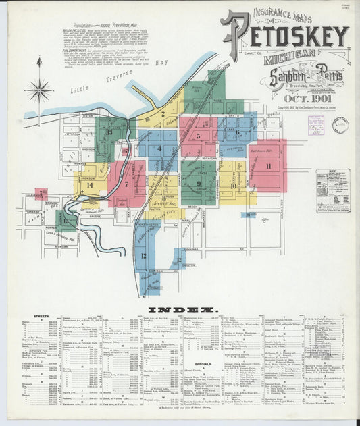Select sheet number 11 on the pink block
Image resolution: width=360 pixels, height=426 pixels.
pyautogui.click(x=269, y=165)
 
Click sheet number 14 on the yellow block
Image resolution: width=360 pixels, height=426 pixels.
pyautogui.click(x=89, y=184)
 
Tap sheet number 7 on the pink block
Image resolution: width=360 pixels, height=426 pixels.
pyautogui.click(x=126, y=183)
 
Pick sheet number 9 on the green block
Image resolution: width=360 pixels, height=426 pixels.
pyautogui.click(x=199, y=182)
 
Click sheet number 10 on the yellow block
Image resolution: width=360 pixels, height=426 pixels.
pyautogui.click(x=233, y=185)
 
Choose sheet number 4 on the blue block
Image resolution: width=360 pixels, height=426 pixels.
pyautogui.click(x=159, y=149)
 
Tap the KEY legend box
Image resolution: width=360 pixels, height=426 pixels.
pyautogui.click(x=332, y=191)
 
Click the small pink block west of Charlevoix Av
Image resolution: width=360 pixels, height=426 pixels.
pyautogui.click(x=41, y=194)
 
